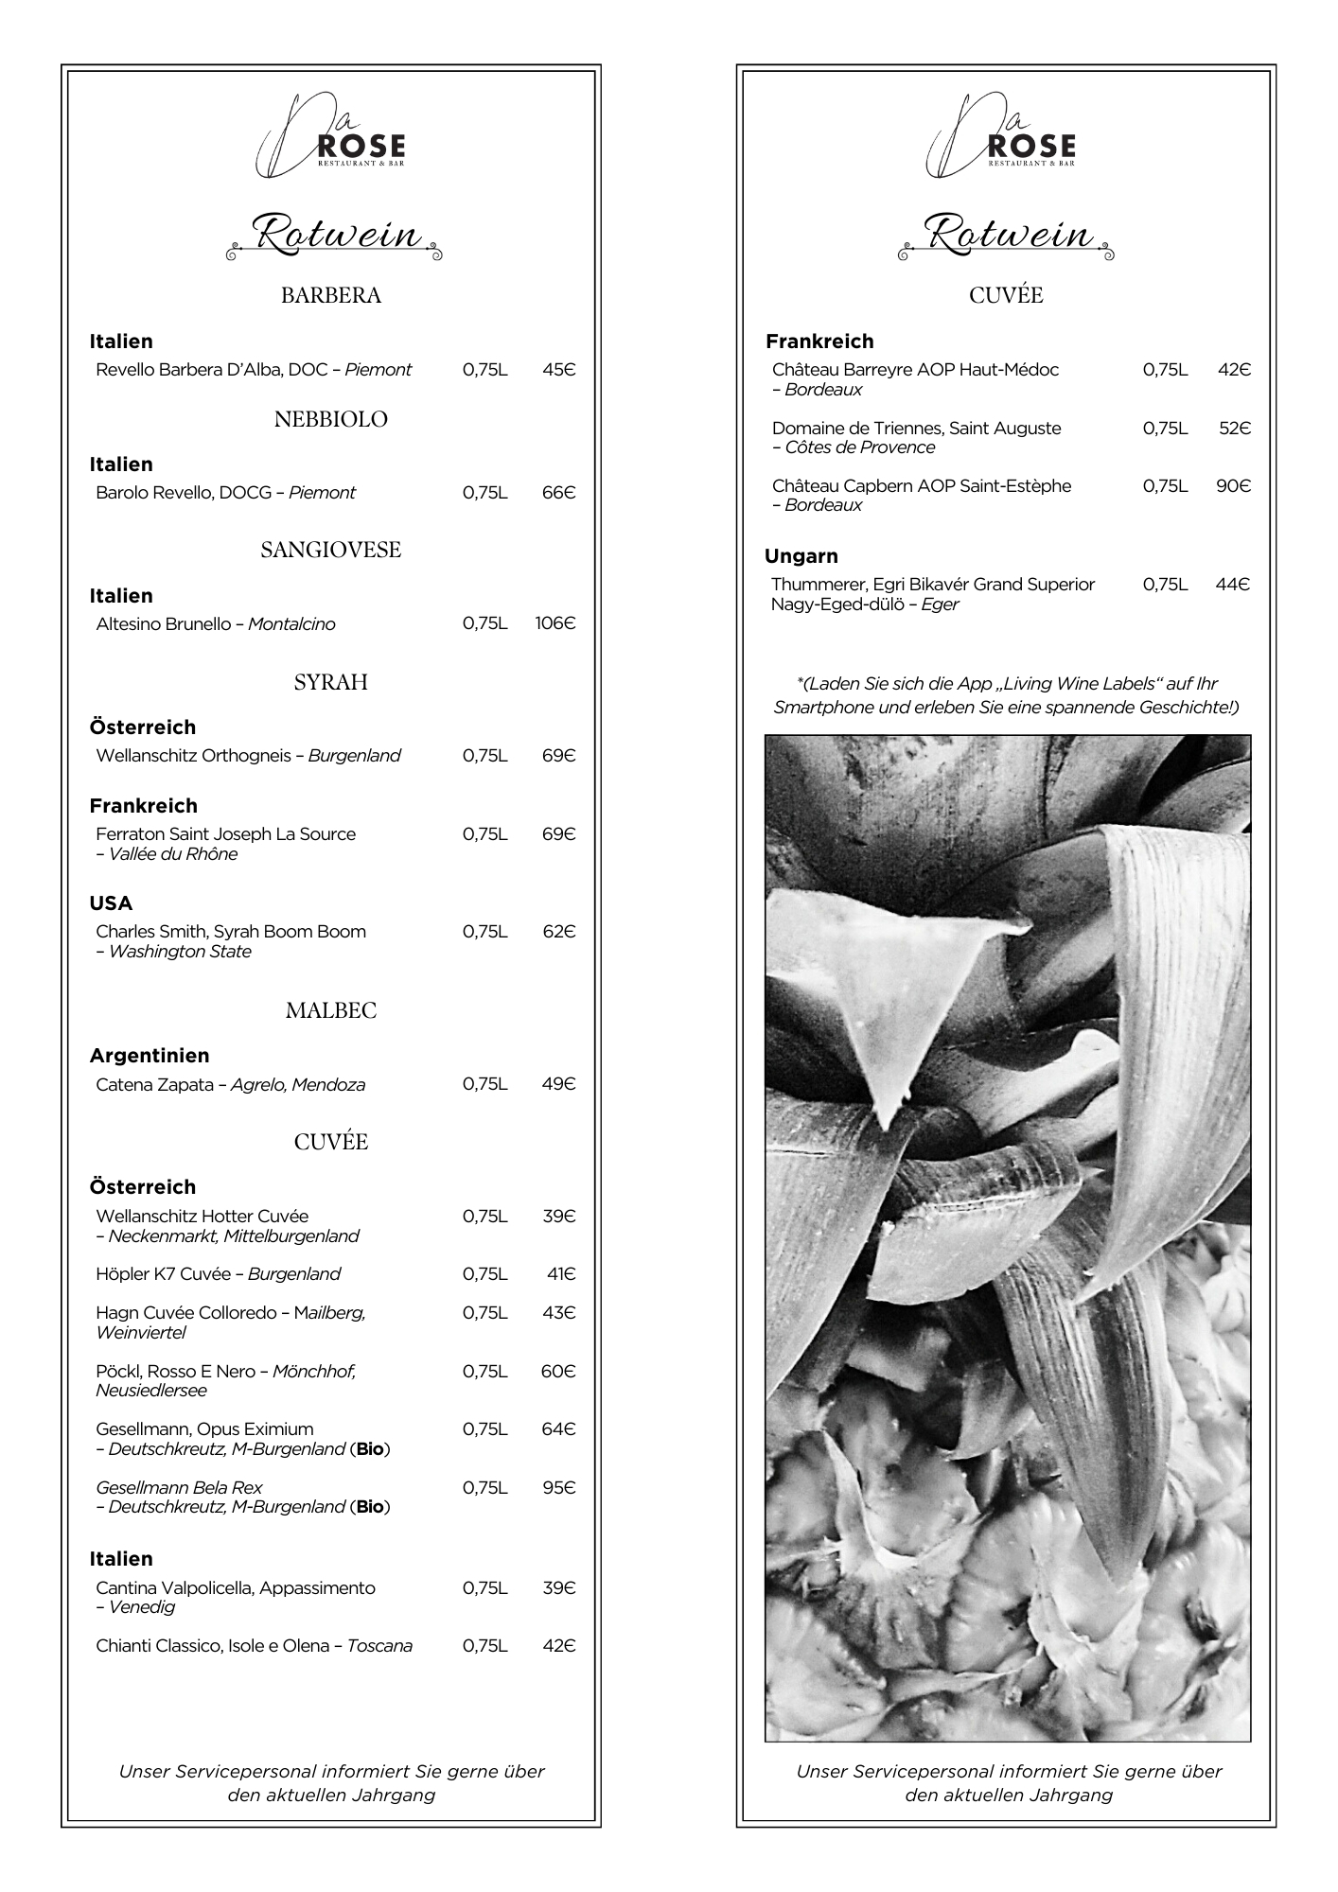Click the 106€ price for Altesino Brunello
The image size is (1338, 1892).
click(x=555, y=623)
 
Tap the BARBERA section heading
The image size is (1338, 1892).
click(x=331, y=295)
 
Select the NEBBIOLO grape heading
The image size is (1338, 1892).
click(x=331, y=419)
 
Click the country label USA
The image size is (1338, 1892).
click(x=111, y=903)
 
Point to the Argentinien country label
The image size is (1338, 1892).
click(x=150, y=1056)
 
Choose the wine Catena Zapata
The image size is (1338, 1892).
click(x=154, y=1084)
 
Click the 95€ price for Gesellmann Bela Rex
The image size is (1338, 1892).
click(x=558, y=1488)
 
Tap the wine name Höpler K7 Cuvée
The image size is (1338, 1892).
click(x=163, y=1274)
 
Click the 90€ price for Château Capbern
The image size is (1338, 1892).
click(x=1233, y=486)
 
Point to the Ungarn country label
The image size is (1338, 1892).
click(x=801, y=556)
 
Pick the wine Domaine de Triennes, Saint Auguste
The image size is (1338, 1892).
click(x=916, y=429)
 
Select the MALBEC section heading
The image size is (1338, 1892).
click(x=331, y=1010)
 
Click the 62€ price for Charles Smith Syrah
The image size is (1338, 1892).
click(x=558, y=932)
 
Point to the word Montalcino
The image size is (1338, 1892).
click(x=291, y=624)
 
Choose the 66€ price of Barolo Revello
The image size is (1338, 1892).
click(x=558, y=493)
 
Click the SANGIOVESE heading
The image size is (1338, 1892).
click(x=331, y=550)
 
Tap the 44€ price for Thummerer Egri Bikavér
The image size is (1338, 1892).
click(x=1232, y=585)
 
